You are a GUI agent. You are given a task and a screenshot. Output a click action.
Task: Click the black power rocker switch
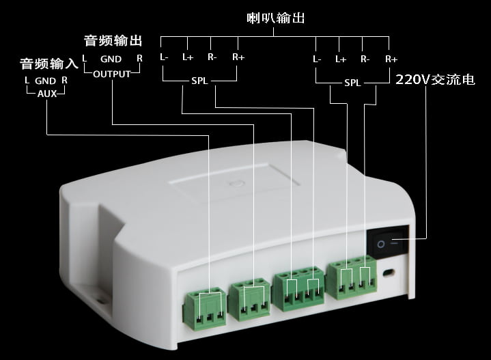(388, 243)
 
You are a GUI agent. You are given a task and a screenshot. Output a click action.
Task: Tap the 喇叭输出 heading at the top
(276, 18)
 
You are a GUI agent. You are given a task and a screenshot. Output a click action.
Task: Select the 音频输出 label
(113, 41)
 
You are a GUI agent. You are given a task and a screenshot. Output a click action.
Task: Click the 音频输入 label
(49, 64)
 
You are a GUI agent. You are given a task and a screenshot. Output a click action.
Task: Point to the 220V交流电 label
(435, 79)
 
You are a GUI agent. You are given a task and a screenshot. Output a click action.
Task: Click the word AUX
(47, 94)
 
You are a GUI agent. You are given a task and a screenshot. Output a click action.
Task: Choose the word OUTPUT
(112, 74)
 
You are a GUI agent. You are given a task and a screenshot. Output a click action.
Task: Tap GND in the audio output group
(111, 59)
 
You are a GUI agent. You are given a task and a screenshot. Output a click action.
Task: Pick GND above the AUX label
(45, 81)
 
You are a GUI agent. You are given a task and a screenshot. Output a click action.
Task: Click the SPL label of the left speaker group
(199, 81)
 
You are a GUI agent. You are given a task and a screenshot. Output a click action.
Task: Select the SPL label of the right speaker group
(352, 83)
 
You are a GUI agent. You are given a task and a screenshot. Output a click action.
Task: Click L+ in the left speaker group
(188, 57)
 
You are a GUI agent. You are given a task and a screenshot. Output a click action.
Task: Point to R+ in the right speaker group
(391, 59)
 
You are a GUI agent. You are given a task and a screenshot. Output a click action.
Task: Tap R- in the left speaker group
(212, 57)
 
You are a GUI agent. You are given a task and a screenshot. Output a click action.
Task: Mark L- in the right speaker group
(317, 59)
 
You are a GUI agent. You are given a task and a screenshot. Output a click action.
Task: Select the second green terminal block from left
(249, 299)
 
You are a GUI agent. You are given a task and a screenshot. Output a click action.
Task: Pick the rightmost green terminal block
(351, 277)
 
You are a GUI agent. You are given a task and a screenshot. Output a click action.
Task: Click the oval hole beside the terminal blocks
(389, 273)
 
